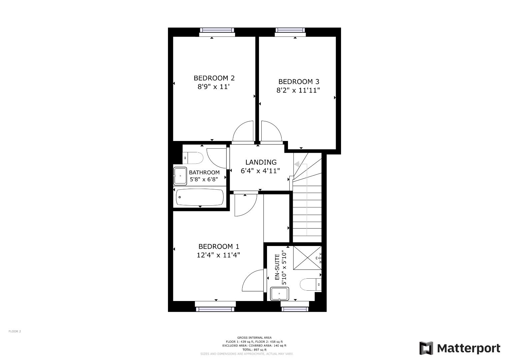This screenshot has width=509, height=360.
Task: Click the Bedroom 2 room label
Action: [214, 78]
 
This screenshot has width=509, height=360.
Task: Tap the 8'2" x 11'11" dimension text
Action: [298, 90]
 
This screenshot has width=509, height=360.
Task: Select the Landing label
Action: [261, 162]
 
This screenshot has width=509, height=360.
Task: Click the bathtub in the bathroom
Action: [200, 197]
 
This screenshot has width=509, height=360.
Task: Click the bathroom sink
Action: [180, 176]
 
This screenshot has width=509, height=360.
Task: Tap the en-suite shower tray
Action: [307, 258]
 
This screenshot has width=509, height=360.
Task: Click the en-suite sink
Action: [279, 294]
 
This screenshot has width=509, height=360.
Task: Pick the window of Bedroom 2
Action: [217, 30]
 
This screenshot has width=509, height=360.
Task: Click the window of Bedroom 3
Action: [290, 30]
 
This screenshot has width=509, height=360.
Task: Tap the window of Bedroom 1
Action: [215, 309]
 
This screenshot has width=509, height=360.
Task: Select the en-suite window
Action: [295, 309]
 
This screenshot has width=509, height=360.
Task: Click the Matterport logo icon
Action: [426, 348]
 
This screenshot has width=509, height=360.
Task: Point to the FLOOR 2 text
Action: [15, 331]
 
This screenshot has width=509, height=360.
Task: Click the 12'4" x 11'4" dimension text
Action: [218, 255]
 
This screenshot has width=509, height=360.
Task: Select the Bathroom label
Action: [204, 172]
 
